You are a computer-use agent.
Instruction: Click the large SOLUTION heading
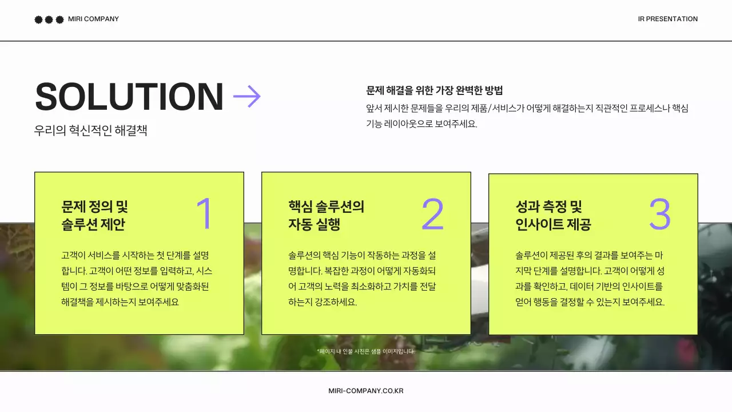tap(129, 97)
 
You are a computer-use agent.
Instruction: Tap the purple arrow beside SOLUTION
tap(247, 96)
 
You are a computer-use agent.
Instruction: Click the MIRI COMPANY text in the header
tap(93, 19)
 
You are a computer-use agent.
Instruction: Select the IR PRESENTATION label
tap(667, 19)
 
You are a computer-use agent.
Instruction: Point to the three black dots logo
tap(49, 19)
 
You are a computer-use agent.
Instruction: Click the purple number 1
tap(204, 214)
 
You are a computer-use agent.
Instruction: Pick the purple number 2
tap(432, 214)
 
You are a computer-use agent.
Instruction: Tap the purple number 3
tap(659, 214)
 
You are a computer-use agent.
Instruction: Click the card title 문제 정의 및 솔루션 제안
tap(94, 215)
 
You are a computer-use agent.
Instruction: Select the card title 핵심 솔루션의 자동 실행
tap(326, 215)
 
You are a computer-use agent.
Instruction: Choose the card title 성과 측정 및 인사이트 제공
tap(553, 215)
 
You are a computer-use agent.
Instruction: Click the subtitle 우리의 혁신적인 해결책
tap(91, 130)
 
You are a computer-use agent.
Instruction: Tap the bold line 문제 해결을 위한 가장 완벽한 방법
tap(434, 90)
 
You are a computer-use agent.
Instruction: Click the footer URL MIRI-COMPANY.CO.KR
tap(366, 391)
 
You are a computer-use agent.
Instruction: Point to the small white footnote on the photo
tap(365, 351)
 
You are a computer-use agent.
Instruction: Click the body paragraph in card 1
tap(137, 279)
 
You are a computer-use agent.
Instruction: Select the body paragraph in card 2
tap(363, 279)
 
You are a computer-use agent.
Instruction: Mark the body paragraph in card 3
tap(590, 279)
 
